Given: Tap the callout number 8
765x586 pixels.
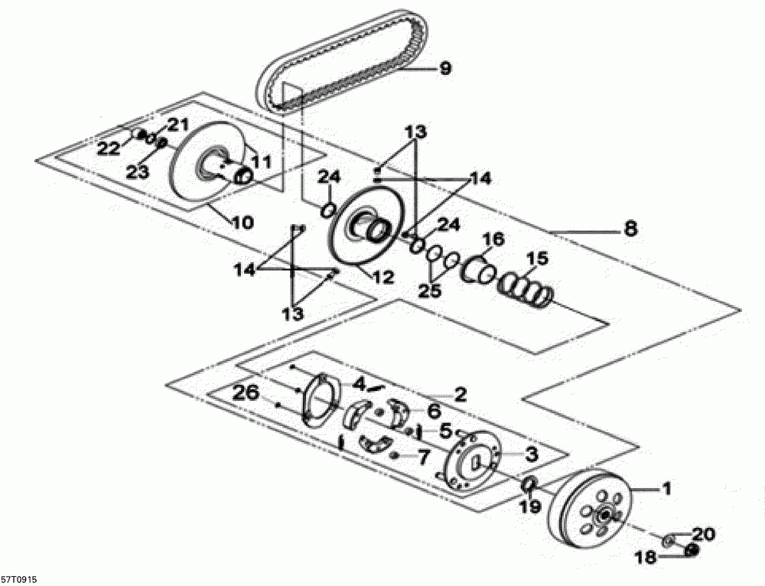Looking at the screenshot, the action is point(630,227).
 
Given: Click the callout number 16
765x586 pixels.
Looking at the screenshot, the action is point(493,239).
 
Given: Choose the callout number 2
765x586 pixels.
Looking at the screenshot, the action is point(460,395).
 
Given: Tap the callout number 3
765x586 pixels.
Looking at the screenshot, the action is point(531,454).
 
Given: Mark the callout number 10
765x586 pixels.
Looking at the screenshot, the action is point(242,223).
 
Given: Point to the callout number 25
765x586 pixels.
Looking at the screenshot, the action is point(431,291).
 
